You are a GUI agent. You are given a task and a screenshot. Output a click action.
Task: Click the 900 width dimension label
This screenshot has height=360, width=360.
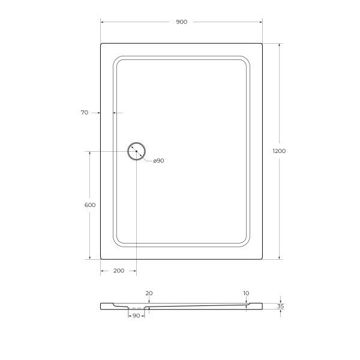pos(181,22)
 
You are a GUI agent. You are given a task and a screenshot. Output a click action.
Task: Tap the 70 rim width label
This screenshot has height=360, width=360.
pos(84,112)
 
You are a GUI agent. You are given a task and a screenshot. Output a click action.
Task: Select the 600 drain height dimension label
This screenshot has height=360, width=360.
pos(90,205)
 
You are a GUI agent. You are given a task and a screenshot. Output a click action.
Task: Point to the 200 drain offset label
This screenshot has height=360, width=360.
pos(118,271)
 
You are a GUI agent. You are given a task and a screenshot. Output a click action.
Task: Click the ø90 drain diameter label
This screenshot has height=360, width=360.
pos(158,161)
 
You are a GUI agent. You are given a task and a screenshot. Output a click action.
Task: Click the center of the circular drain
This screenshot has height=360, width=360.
pos(136,151)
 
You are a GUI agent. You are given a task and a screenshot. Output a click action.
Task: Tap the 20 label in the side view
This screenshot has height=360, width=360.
pos(149,293)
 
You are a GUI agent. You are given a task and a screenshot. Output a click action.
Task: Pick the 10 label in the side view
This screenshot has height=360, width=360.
pos(246,293)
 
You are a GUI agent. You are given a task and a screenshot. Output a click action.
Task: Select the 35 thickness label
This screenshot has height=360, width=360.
pos(280,306)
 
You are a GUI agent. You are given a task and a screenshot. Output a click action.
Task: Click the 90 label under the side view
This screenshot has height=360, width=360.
pos(136,316)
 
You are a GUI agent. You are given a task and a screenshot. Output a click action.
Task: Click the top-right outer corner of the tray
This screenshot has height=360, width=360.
pos(262,43)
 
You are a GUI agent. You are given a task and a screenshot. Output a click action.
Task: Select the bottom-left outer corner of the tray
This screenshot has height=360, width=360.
pos(101,259)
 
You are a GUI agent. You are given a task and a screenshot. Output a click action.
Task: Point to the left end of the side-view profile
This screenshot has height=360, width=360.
pos(101,306)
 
